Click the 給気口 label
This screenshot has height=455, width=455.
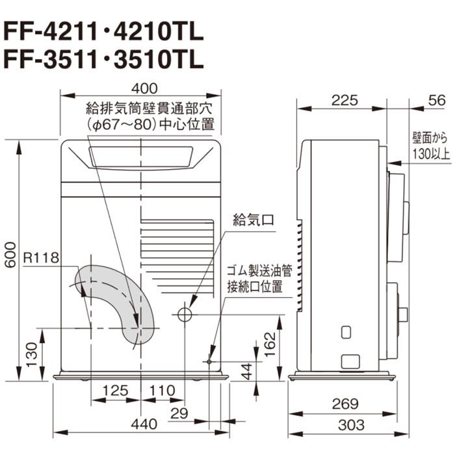[252, 220]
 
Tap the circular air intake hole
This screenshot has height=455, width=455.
[185, 315]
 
